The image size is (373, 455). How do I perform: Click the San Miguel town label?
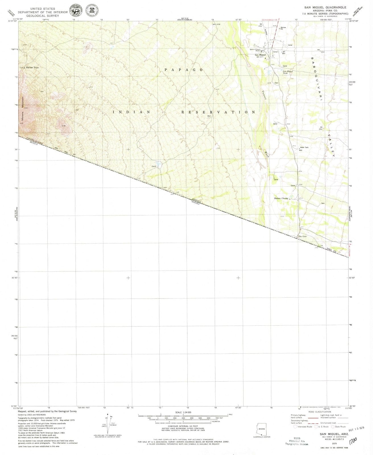pos(260,55)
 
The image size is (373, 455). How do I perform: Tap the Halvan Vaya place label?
pos(32,68)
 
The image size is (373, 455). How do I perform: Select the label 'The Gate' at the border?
pos(302,237)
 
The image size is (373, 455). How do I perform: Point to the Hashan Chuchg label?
pos(281,198)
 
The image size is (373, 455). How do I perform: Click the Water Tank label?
pos(304,147)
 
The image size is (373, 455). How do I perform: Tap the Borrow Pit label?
pos(283,28)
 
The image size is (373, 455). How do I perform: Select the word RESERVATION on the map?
pos(218,112)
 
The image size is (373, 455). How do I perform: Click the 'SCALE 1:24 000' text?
pos(183,412)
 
